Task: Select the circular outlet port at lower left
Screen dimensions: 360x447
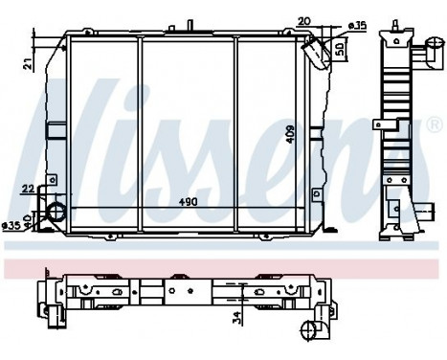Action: [56, 213]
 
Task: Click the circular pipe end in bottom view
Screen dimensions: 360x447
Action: [310, 330]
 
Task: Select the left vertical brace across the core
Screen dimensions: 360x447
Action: [139, 134]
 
